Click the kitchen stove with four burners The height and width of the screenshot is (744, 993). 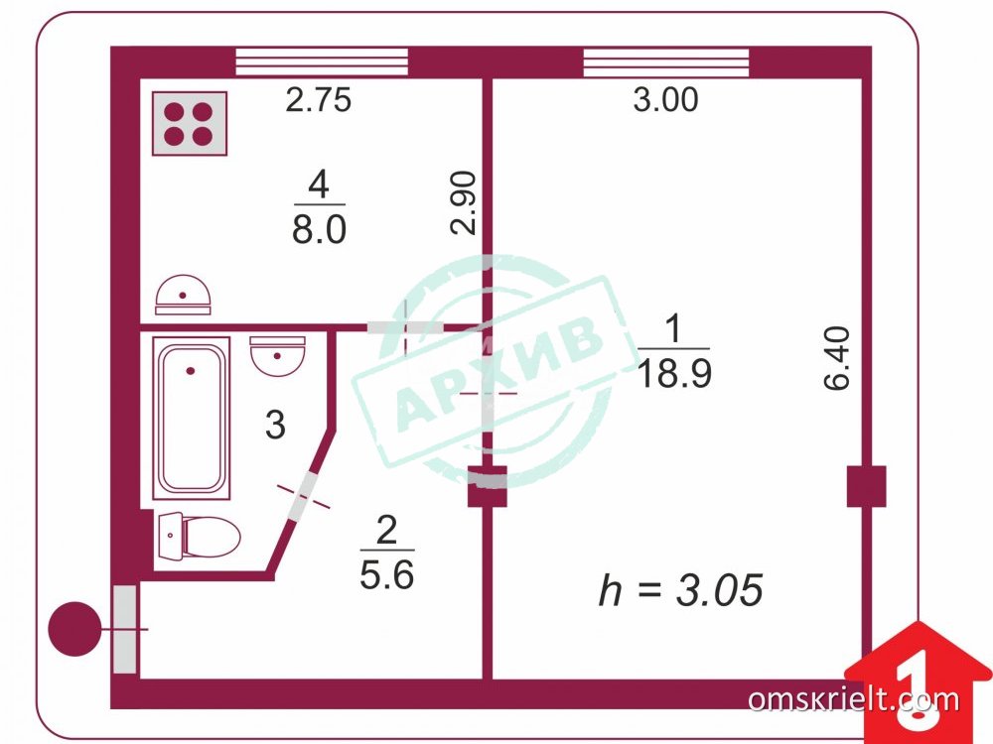(x=190, y=123)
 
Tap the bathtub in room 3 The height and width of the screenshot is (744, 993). (x=192, y=419)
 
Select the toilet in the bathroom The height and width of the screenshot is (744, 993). (x=199, y=536)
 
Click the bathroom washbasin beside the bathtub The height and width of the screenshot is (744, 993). (x=277, y=355)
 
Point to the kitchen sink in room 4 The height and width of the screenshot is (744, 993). (x=183, y=295)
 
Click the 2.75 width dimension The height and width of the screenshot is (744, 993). (x=318, y=100)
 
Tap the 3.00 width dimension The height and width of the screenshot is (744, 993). (x=665, y=99)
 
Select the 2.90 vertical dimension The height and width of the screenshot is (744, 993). (x=464, y=202)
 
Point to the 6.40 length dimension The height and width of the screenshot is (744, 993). (x=836, y=358)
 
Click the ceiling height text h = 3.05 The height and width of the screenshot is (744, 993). (x=681, y=589)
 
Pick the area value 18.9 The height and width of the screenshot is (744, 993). (x=674, y=372)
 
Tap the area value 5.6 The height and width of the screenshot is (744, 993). (x=387, y=575)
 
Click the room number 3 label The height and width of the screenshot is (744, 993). (x=275, y=425)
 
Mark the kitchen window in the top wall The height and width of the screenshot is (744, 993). (x=322, y=62)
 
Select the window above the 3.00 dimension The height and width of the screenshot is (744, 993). (x=665, y=62)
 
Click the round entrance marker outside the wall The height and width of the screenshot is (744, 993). (x=74, y=629)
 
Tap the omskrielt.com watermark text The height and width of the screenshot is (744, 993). (x=854, y=699)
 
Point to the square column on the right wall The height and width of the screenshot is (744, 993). (x=866, y=486)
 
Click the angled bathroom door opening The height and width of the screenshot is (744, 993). (x=303, y=497)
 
